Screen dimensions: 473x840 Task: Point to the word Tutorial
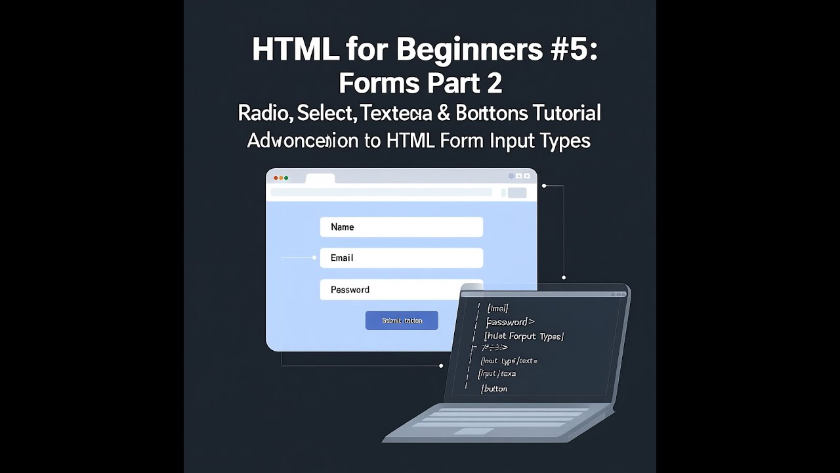pyautogui.click(x=566, y=113)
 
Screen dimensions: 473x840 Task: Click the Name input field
pyautogui.click(x=401, y=227)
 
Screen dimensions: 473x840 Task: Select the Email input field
pyautogui.click(x=401, y=258)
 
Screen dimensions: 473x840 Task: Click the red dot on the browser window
pyautogui.click(x=276, y=178)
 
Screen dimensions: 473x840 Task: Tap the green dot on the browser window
pyautogui.click(x=286, y=178)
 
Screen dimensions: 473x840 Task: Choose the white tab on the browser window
pyautogui.click(x=320, y=179)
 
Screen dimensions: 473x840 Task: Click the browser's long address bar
pyautogui.click(x=381, y=192)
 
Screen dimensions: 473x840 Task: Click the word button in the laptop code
pyautogui.click(x=495, y=389)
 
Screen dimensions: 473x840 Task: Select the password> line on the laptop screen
pyautogui.click(x=511, y=322)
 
